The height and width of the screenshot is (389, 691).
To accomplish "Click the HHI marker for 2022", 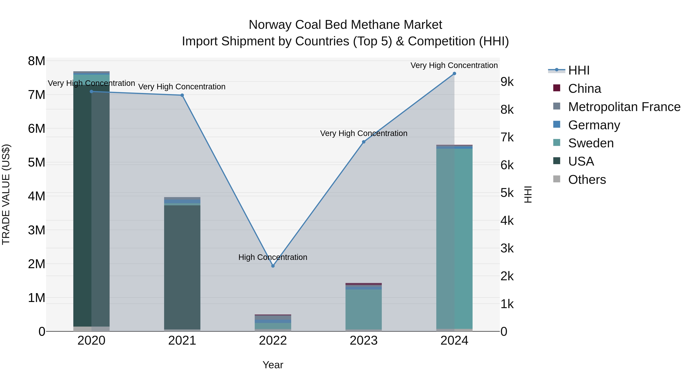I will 273,266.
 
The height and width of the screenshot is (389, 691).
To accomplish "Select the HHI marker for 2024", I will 454,74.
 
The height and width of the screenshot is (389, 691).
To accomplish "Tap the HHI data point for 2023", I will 364,142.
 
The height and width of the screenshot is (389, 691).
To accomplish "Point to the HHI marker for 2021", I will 182,95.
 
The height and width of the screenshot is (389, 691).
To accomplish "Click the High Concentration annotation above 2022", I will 273,257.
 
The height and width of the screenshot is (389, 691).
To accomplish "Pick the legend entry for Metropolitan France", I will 624,107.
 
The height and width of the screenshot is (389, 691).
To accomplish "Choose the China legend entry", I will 584,89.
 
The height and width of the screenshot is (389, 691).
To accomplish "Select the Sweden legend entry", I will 591,143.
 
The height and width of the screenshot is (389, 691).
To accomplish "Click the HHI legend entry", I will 579,70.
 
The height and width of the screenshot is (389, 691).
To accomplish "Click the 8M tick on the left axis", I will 36,61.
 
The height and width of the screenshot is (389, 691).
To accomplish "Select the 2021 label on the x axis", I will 182,341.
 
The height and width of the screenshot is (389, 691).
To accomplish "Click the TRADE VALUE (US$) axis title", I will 6,194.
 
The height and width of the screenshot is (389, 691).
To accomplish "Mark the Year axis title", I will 273,365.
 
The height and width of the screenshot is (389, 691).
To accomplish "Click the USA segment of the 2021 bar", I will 182,267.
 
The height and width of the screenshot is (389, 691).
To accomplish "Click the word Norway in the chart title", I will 270,25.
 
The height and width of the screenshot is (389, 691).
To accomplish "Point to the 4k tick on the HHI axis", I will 507,221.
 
